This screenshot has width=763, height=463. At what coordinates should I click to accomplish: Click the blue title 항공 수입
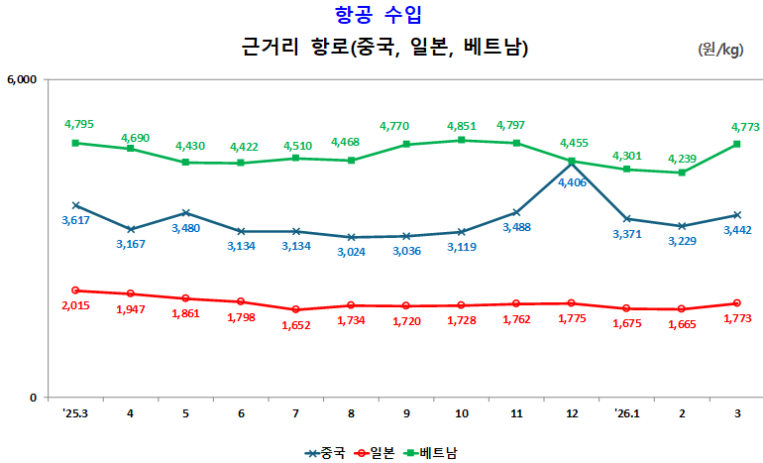[381, 15]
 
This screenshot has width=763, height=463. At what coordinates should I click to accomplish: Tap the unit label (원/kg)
[720, 49]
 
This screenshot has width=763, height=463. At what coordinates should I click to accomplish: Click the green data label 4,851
[462, 126]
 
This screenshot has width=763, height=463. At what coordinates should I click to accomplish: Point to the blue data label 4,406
[573, 182]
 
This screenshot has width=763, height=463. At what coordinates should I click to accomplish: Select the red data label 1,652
[296, 324]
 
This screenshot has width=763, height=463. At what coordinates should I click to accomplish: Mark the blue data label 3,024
[352, 251]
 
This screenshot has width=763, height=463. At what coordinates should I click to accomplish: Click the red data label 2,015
[76, 306]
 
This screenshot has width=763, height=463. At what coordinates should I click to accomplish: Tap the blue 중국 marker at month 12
[572, 163]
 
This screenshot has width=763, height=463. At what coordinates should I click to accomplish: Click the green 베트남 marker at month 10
[462, 140]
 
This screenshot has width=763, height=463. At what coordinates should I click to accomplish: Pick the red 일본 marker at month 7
[296, 309]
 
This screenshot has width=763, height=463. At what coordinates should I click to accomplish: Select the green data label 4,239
[683, 159]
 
